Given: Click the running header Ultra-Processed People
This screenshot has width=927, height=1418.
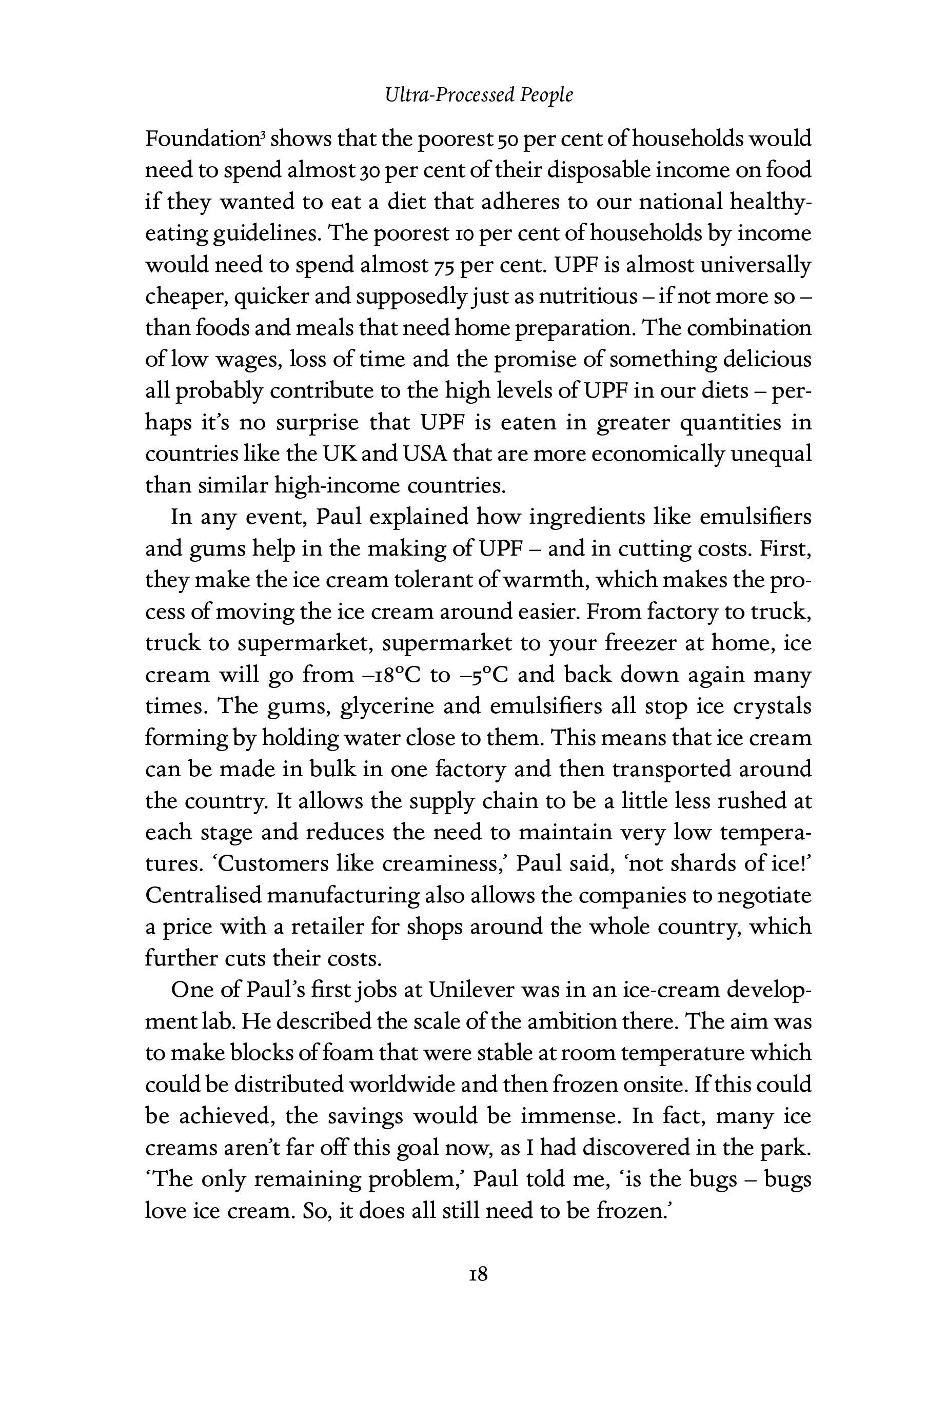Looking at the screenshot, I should [x=479, y=95].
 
